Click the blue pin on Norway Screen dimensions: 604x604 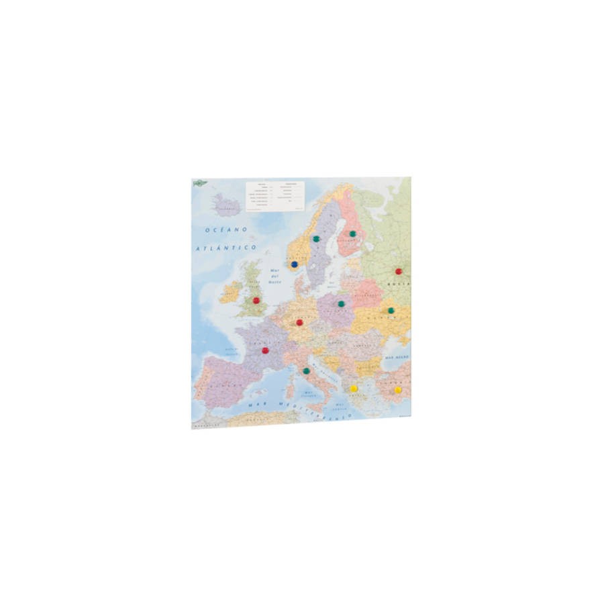(295, 264)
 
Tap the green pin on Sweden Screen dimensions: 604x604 (316, 238)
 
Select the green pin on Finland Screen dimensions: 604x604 (352, 234)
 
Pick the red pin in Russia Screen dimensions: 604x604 (399, 271)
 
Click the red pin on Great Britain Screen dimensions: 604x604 (256, 300)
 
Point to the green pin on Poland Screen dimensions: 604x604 (341, 303)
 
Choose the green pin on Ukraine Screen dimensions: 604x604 (391, 311)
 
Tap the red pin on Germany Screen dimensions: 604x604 (299, 322)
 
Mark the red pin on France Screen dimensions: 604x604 (265, 350)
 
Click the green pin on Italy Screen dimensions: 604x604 (306, 370)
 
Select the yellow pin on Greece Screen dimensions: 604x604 (354, 389)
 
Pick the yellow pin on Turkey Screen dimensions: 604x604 (398, 389)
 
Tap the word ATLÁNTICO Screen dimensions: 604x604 (227, 248)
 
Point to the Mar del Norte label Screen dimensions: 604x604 (274, 277)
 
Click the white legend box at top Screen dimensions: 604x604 (275, 196)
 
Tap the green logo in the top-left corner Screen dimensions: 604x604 (200, 183)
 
